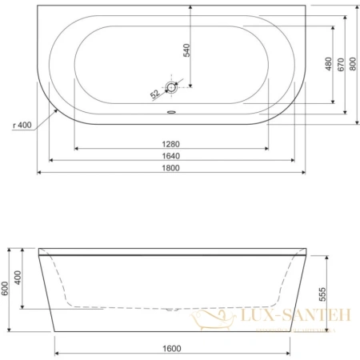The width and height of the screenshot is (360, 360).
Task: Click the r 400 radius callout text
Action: [x=25, y=125]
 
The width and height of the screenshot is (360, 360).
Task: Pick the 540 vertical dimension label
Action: [x=187, y=50]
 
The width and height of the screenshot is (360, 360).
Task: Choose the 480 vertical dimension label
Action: [x=326, y=64]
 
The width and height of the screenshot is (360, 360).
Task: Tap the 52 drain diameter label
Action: [x=154, y=94]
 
